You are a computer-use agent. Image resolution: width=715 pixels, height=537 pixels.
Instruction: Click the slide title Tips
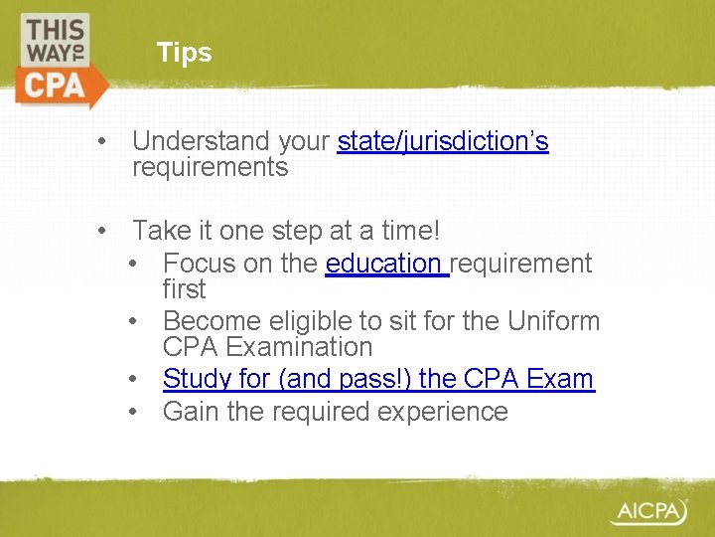click(x=184, y=53)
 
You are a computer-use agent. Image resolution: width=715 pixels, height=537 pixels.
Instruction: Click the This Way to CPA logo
click(x=60, y=59)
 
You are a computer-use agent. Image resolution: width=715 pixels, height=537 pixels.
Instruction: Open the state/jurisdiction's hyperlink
click(x=443, y=142)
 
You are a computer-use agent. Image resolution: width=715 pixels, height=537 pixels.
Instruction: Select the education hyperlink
click(x=385, y=264)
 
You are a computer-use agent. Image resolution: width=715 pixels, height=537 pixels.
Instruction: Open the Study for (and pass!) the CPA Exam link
click(x=378, y=379)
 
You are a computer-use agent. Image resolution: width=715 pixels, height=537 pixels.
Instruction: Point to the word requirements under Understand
click(x=210, y=167)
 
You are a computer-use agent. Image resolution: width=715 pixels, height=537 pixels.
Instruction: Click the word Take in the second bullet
click(x=158, y=232)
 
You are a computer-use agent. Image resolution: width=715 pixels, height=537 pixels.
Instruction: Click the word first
click(x=184, y=289)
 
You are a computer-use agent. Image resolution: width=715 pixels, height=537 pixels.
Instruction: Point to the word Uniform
click(x=553, y=321)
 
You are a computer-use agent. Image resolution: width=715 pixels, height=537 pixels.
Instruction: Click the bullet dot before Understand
click(x=102, y=142)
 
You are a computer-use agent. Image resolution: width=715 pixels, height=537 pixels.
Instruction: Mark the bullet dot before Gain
click(x=134, y=411)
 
